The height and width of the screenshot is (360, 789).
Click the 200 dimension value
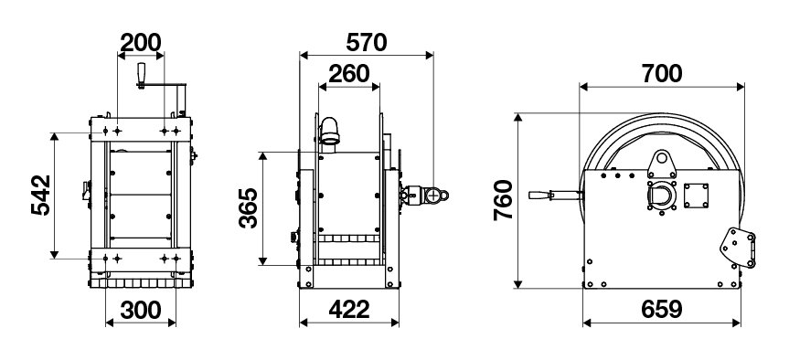[x=141, y=43]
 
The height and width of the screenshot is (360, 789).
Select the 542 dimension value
[x=41, y=196]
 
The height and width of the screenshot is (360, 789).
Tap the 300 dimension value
[x=141, y=311]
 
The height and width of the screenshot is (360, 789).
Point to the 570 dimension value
[x=367, y=43]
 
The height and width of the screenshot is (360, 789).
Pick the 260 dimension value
[x=349, y=74]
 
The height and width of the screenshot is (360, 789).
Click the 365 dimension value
[x=249, y=207]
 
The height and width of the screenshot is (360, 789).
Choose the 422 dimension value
[x=349, y=311]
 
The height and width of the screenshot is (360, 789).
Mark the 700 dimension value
[x=662, y=74]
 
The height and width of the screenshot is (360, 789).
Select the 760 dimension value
[x=503, y=200]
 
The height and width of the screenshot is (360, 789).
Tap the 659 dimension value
[x=662, y=311]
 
